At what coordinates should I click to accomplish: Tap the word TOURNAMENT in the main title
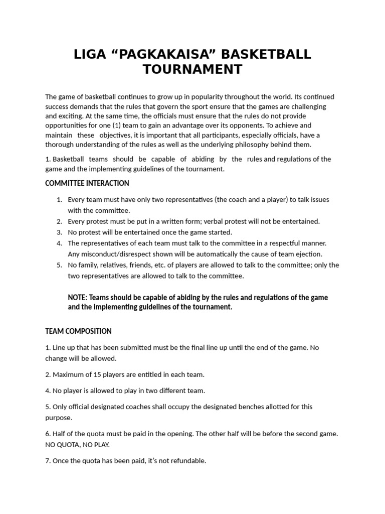pyautogui.click(x=192, y=69)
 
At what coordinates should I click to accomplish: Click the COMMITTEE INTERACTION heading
pyautogui.click(x=87, y=183)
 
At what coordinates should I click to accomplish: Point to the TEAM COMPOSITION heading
pyautogui.click(x=78, y=331)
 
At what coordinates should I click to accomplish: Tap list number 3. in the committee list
pyautogui.click(x=59, y=232)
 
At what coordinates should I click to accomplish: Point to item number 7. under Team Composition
pyautogui.click(x=48, y=460)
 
